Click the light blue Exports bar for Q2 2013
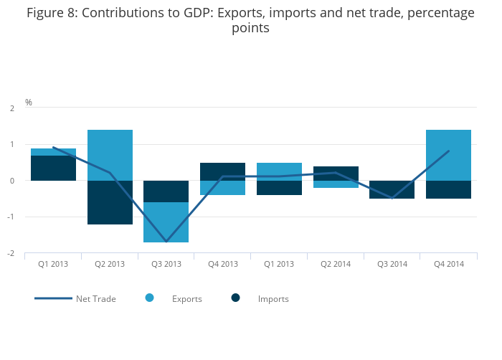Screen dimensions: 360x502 (x=110, y=155)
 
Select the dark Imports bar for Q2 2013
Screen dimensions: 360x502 (x=110, y=202)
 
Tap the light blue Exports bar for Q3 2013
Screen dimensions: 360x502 (x=166, y=222)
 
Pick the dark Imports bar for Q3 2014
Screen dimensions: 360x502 (x=392, y=189)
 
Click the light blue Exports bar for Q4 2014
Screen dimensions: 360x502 (x=449, y=155)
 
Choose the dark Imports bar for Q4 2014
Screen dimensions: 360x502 (x=449, y=189)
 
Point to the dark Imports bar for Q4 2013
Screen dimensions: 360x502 (x=223, y=171)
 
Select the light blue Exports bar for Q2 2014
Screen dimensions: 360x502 (x=336, y=184)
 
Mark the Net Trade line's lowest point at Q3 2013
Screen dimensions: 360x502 (x=166, y=242)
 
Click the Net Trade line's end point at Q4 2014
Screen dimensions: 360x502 (x=449, y=151)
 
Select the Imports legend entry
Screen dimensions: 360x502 (x=273, y=299)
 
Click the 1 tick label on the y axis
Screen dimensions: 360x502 (x=12, y=144)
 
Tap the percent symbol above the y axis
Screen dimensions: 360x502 (x=29, y=103)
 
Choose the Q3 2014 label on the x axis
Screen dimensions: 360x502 (x=392, y=265)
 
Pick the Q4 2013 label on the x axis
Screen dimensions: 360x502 (x=223, y=265)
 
